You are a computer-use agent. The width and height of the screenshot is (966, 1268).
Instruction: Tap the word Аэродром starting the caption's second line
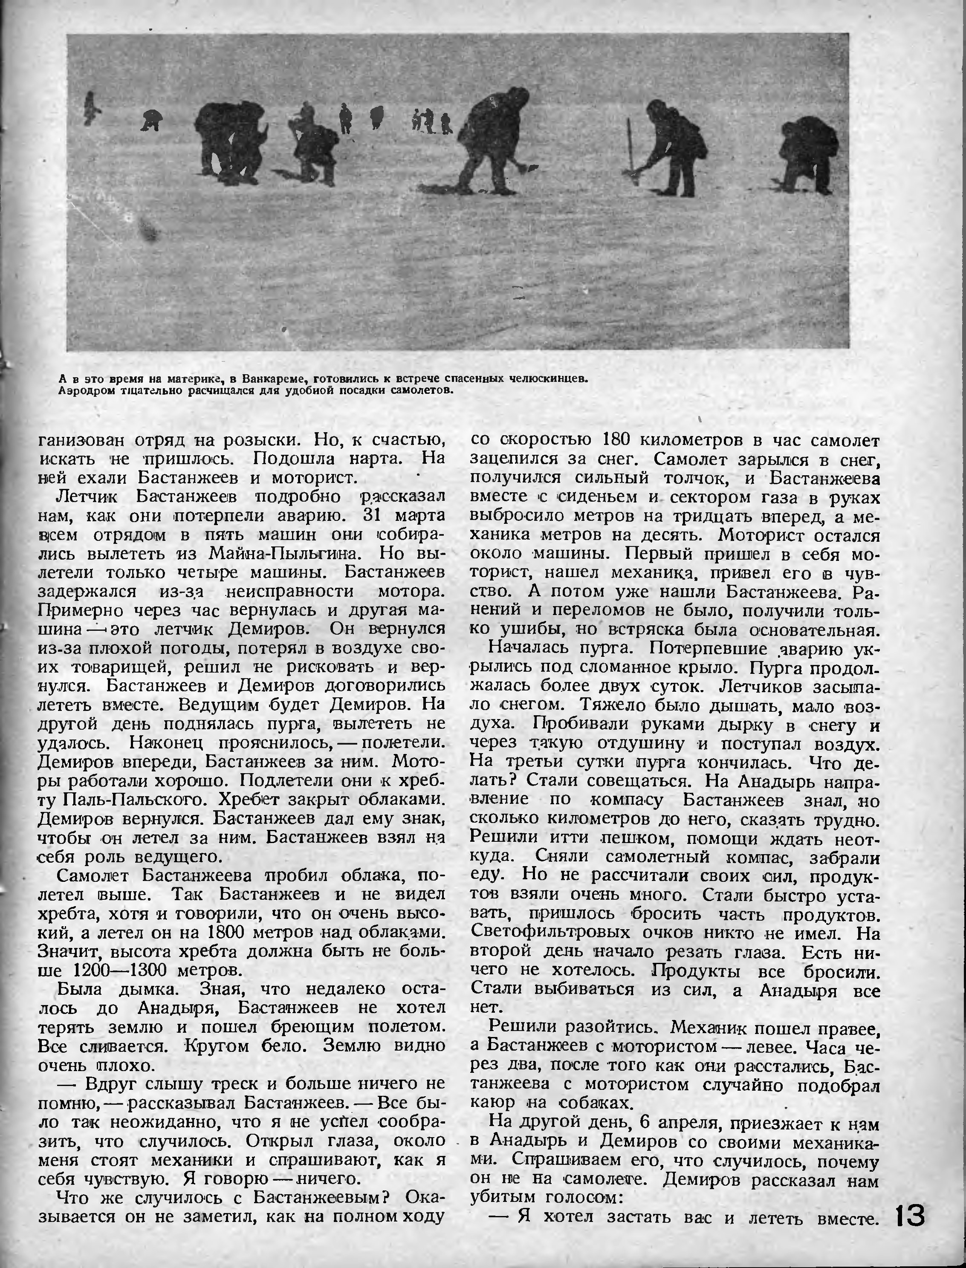coord(84,391)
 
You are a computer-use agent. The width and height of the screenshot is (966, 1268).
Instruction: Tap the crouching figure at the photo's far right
coord(806,155)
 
